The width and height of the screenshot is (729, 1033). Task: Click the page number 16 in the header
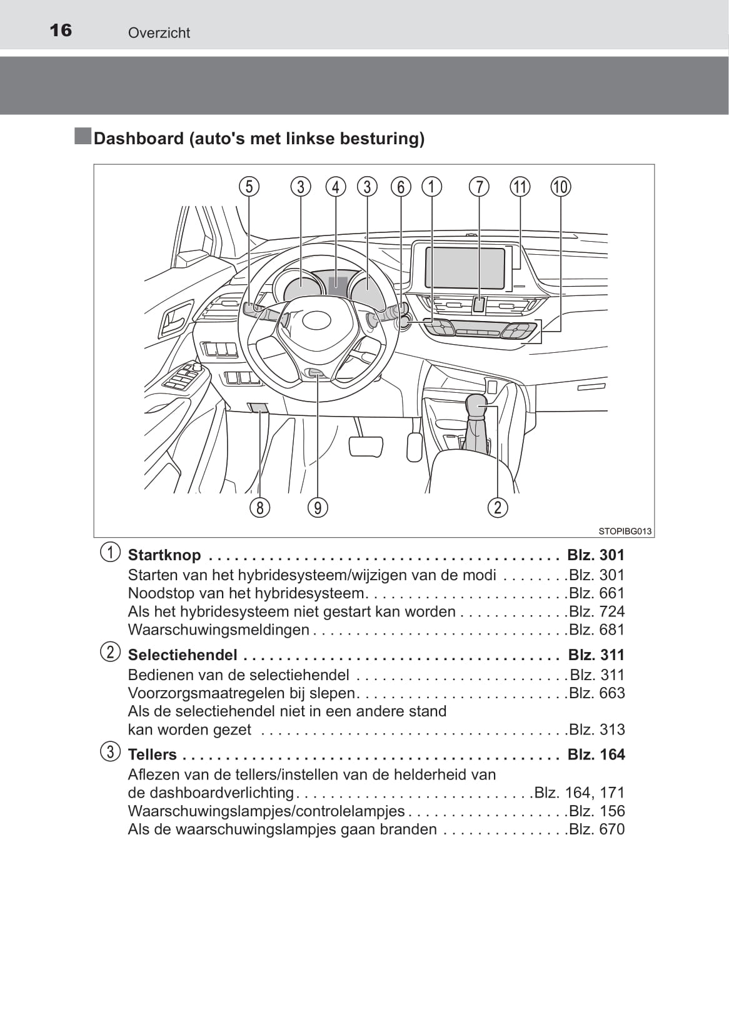61,30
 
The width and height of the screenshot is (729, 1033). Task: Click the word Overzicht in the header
159,33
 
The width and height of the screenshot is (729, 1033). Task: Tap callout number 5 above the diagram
249,187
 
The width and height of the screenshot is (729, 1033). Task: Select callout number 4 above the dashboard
336,187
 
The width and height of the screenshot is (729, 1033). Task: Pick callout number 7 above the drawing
479,187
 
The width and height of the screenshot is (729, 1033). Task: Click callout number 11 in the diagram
520,187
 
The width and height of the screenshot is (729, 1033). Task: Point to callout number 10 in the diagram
560,187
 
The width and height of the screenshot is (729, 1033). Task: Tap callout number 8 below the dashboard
259,508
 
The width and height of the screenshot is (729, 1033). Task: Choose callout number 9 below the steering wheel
318,508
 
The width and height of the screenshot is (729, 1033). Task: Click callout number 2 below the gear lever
498,508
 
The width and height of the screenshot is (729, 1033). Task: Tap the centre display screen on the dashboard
465,267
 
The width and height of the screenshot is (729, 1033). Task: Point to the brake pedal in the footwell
366,446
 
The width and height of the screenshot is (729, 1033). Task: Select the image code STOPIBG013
625,531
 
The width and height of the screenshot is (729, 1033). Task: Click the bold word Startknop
164,555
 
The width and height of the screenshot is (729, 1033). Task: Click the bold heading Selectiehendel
183,655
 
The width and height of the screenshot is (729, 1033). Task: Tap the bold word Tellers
153,754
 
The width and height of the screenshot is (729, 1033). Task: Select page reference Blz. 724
596,611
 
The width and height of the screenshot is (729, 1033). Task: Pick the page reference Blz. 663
596,693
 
